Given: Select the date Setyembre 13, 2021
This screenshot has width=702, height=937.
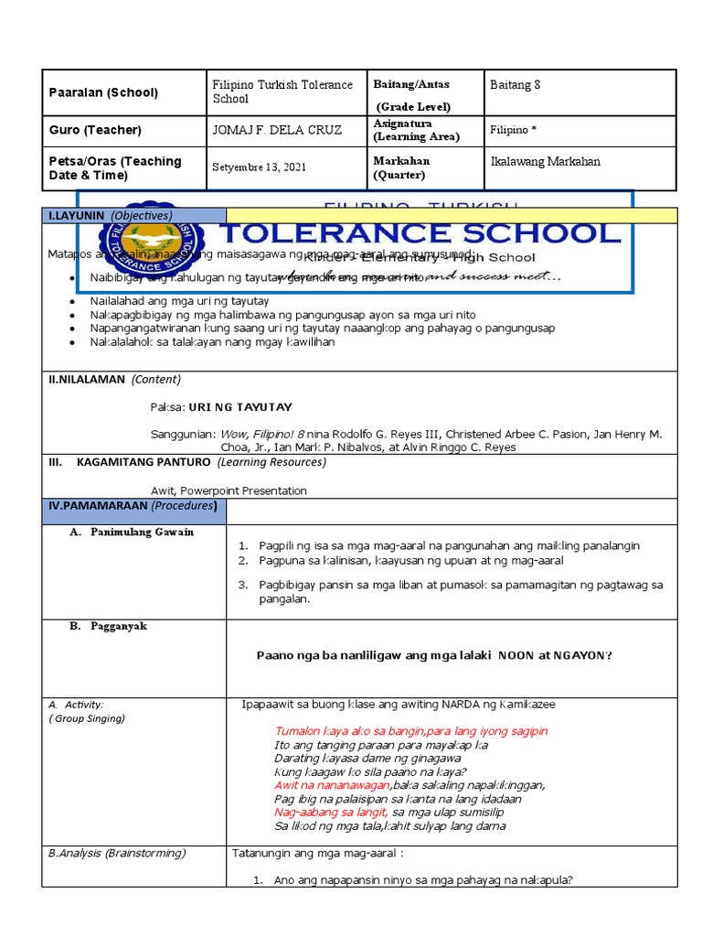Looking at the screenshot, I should (x=260, y=167).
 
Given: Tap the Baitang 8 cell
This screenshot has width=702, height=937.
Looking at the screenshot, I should (x=516, y=85).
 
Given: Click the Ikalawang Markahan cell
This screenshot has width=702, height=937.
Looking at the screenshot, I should (x=546, y=162).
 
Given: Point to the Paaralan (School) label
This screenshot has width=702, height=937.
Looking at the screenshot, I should (x=104, y=92).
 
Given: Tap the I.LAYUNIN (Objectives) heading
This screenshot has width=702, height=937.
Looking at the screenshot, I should (x=110, y=215).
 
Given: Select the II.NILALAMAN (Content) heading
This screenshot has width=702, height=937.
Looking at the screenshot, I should (x=114, y=379).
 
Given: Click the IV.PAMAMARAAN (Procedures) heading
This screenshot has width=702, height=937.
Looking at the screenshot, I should (x=133, y=506).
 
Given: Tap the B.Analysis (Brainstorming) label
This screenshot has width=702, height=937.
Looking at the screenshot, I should (x=116, y=853).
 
